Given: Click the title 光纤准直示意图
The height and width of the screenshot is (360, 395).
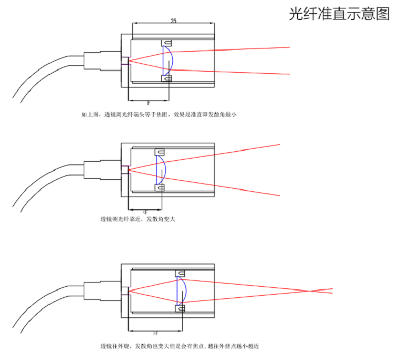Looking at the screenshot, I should tap(339, 14).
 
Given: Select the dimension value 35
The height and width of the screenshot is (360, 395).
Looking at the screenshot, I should tap(173, 21).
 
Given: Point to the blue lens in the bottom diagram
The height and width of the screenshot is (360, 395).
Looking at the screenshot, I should tap(183, 290).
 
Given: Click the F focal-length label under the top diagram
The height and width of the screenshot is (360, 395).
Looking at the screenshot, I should tap(149, 104).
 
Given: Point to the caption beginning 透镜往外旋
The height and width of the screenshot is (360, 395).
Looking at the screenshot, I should tap(179, 346).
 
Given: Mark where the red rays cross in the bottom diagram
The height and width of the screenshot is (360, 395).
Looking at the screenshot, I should tap(314, 290).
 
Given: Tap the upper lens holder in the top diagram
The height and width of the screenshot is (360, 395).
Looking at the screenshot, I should tap(167, 43).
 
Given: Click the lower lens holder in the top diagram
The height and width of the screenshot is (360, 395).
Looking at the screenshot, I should tap(167, 79).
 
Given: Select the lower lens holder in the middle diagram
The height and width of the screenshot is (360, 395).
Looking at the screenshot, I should tap(160, 187).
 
